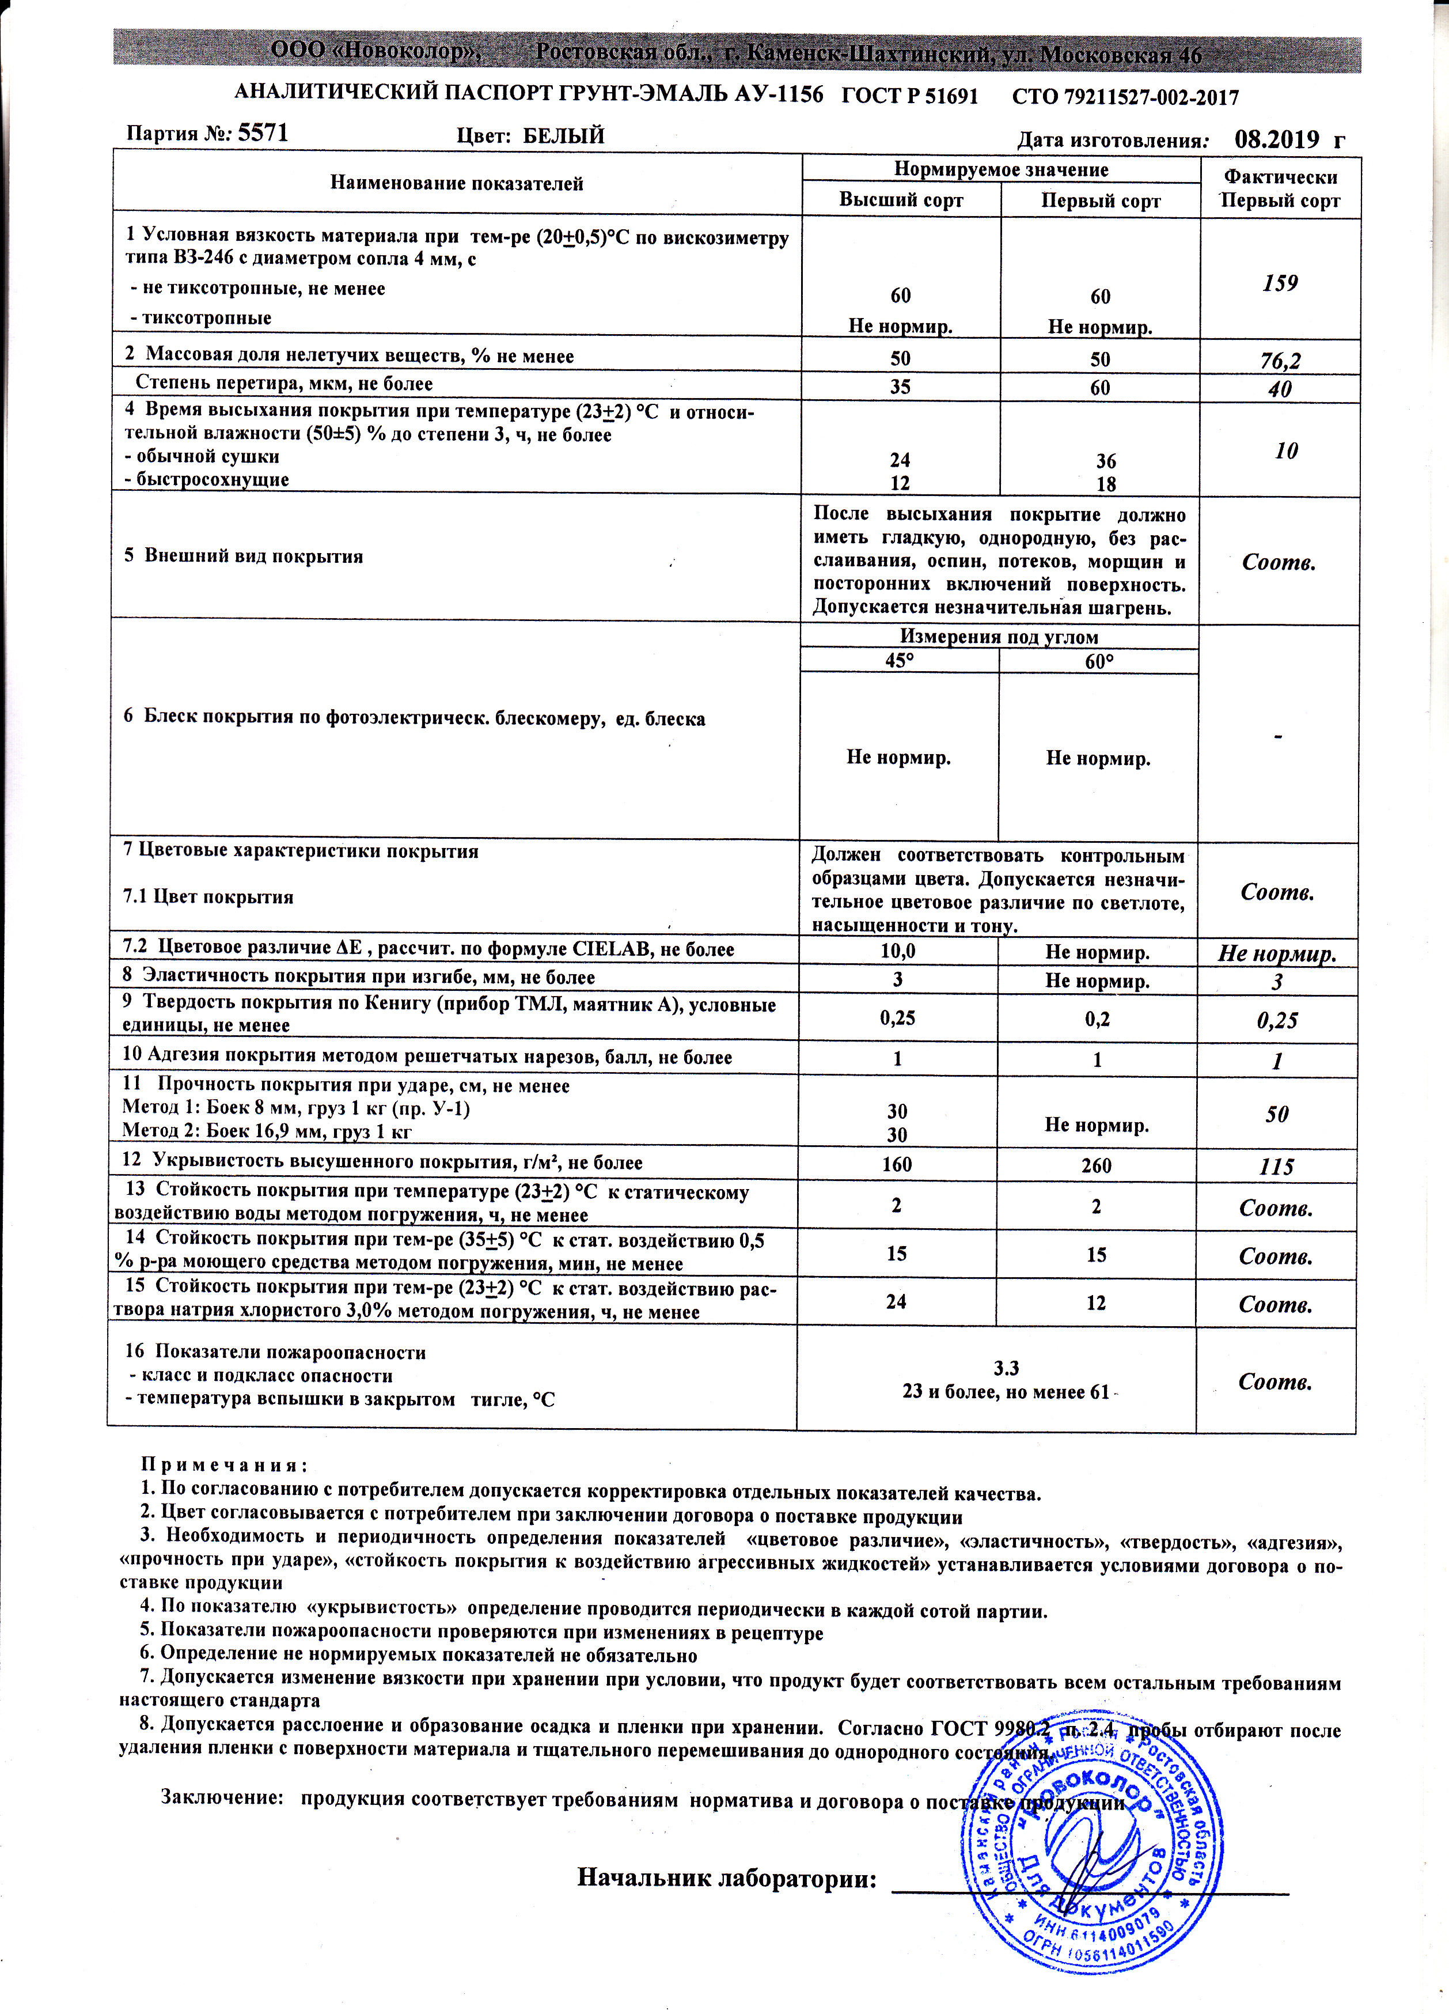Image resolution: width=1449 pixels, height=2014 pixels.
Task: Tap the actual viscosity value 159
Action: pos(1280,283)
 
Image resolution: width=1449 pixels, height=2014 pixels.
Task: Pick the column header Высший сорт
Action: pos(900,200)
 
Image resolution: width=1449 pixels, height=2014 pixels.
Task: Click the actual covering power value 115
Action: pos(1277,1166)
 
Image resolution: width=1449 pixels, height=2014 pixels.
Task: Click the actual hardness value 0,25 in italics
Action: pos(1277,1020)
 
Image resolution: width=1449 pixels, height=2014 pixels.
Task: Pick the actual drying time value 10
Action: pos(1285,451)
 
